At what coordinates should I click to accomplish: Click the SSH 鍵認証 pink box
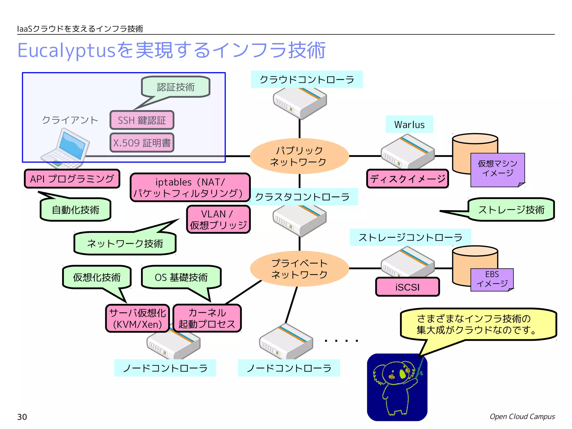click(x=142, y=120)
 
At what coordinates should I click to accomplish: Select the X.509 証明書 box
click(x=142, y=143)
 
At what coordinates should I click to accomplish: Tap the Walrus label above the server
click(x=409, y=124)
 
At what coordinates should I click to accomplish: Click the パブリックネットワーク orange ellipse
click(x=299, y=156)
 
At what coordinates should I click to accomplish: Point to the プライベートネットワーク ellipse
click(x=299, y=269)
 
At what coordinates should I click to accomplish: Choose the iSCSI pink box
click(x=407, y=287)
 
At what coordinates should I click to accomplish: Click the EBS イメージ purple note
click(x=492, y=279)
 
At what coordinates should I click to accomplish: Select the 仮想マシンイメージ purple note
click(x=497, y=169)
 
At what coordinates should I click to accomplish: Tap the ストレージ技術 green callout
click(x=511, y=209)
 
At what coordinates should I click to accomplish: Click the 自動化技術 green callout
click(x=75, y=209)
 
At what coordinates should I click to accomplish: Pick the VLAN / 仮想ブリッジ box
click(x=218, y=219)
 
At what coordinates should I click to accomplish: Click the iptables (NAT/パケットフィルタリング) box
click(x=190, y=187)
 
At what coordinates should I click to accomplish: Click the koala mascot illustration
click(x=397, y=387)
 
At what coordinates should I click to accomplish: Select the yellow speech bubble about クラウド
click(x=478, y=324)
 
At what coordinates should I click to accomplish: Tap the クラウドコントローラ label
click(x=307, y=80)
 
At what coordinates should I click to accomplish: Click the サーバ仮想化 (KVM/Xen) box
click(x=137, y=318)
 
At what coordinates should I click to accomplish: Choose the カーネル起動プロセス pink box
click(x=207, y=318)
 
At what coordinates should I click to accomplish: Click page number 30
click(x=22, y=417)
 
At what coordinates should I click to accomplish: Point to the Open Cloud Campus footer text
click(x=522, y=416)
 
